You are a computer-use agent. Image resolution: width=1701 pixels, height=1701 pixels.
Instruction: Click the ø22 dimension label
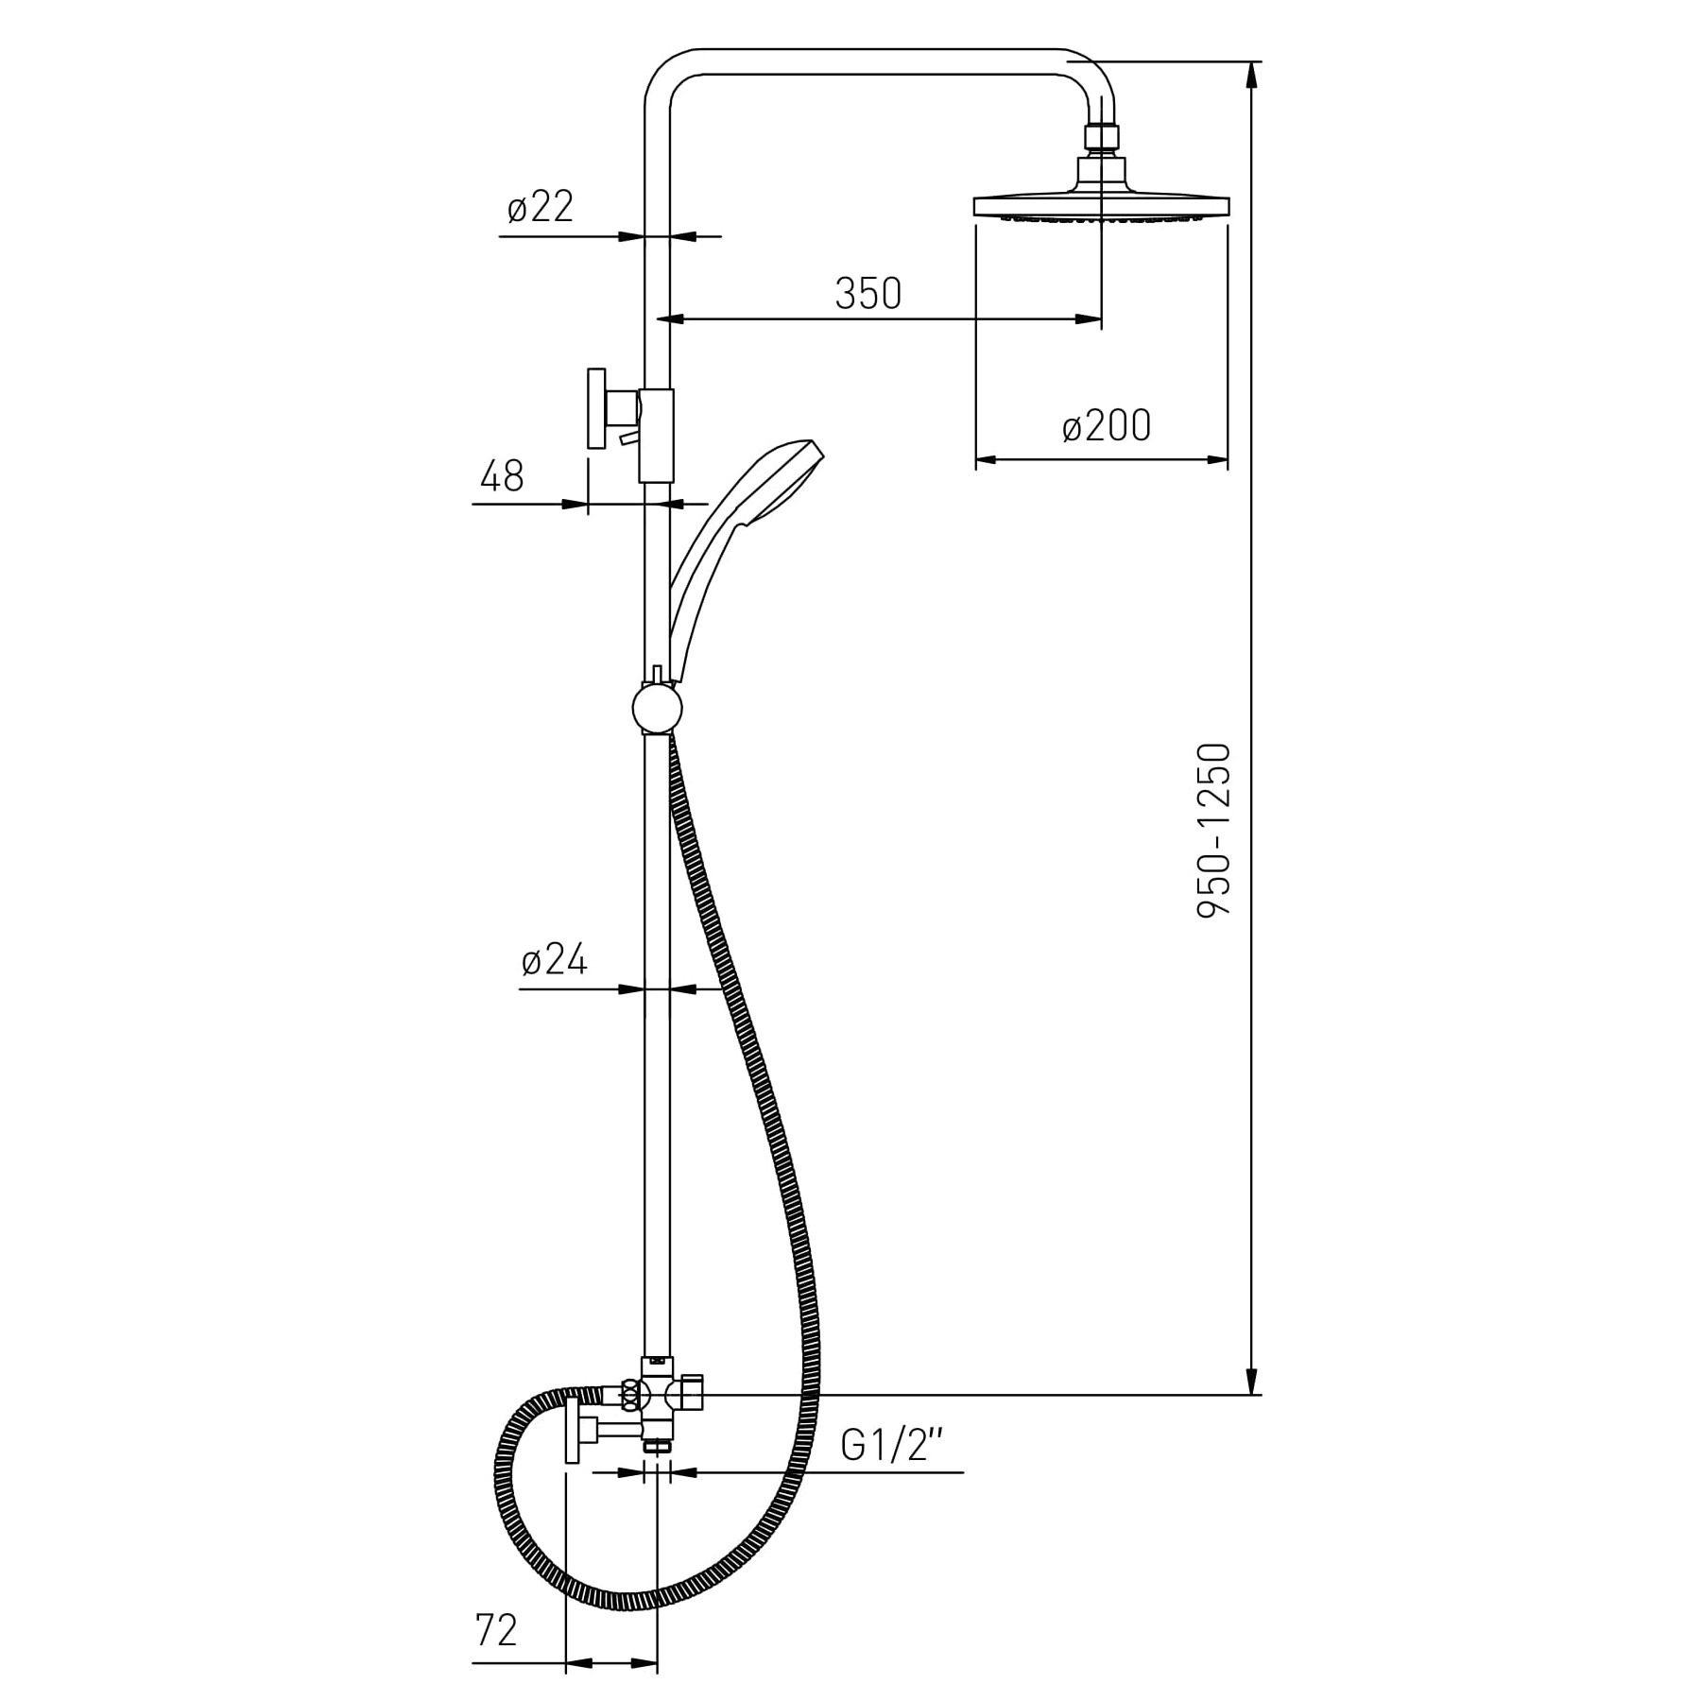(x=540, y=207)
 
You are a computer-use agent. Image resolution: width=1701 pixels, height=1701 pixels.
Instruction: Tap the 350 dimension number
(x=868, y=294)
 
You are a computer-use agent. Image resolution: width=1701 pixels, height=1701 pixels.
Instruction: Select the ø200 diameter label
(x=1107, y=426)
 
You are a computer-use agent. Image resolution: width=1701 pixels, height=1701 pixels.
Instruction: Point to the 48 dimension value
(x=502, y=476)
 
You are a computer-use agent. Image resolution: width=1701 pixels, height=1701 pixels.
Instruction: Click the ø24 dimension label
(x=555, y=961)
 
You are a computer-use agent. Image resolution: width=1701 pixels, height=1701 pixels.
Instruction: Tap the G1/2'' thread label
(x=892, y=1446)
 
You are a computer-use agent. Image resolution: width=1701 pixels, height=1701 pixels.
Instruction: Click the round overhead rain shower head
(x=1102, y=207)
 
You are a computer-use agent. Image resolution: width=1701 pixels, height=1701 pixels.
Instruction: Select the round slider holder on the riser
(x=657, y=708)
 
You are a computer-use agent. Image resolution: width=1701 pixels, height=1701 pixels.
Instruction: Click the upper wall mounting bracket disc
(x=595, y=408)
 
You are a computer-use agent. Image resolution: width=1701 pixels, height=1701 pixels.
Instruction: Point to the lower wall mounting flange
(x=571, y=1432)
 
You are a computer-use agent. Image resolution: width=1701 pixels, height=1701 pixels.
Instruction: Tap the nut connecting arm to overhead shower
(x=1102, y=138)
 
